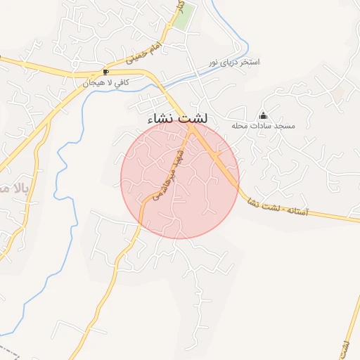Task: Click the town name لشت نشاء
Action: pos(178,119)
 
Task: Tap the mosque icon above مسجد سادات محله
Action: pos(264,115)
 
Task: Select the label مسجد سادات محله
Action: pos(263,126)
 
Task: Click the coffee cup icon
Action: pos(106,72)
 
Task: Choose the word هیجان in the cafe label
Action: pos(94,83)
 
